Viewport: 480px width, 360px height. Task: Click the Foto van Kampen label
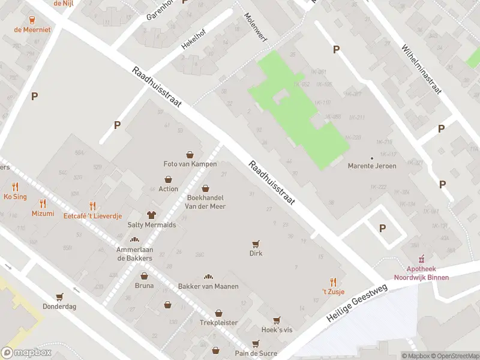(190, 164)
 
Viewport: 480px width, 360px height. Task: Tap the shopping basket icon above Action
(169, 179)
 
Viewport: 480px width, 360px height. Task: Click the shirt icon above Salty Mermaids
(152, 214)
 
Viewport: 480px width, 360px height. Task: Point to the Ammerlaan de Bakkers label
(134, 254)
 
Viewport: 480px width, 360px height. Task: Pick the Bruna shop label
(144, 286)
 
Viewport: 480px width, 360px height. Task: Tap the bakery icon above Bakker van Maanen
(208, 277)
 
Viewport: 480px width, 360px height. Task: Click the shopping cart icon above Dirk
(256, 244)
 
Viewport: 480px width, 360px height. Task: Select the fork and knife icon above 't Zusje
(333, 281)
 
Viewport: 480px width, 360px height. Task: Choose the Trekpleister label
(218, 323)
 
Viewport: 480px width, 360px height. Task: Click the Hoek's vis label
(277, 330)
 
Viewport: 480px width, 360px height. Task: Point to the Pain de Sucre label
(256, 353)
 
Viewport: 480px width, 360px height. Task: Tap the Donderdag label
(59, 306)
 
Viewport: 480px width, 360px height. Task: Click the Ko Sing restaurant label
(15, 196)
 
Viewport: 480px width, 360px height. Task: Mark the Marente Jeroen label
(371, 166)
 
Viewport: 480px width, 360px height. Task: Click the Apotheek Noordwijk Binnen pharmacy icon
(421, 259)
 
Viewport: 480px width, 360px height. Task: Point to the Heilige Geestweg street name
(358, 304)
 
